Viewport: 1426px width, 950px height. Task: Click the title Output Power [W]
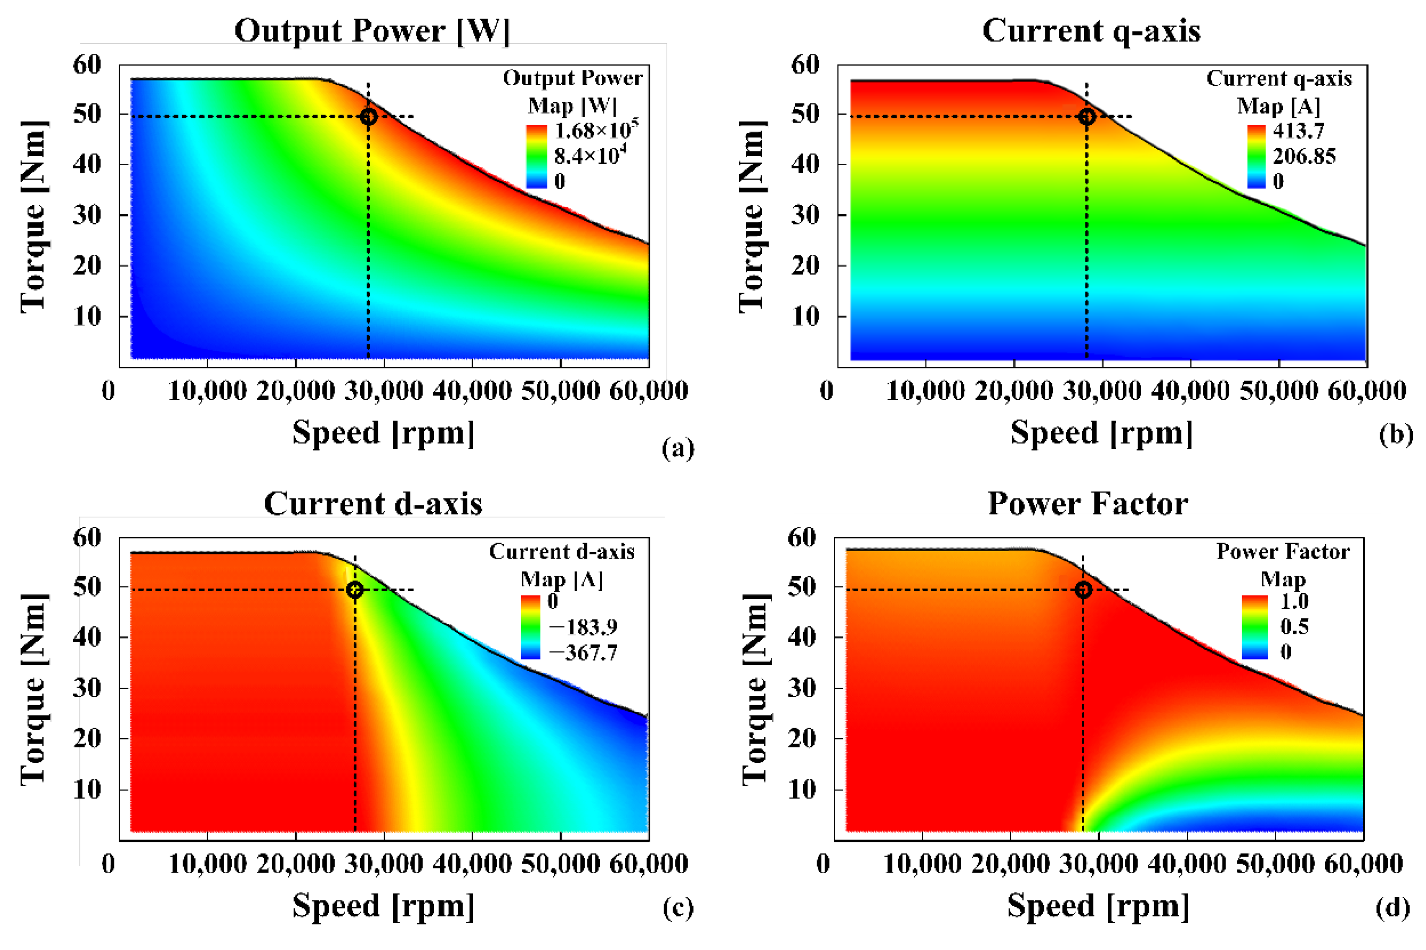pos(371,30)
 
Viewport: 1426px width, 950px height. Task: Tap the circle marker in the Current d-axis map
pos(355,590)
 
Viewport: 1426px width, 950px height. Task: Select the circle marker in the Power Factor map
pos(1083,590)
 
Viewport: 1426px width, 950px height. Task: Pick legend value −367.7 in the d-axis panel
pos(583,652)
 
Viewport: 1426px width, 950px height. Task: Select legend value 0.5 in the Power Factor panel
pos(1294,626)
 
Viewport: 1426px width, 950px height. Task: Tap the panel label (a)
pos(678,448)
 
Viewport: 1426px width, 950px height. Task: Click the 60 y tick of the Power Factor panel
pos(801,538)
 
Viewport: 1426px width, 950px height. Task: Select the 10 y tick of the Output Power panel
pos(87,316)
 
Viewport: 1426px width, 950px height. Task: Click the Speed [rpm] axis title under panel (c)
pos(383,906)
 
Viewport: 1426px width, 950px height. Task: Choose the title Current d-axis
pos(373,504)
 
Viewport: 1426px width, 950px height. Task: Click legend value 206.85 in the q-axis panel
pos(1304,156)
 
